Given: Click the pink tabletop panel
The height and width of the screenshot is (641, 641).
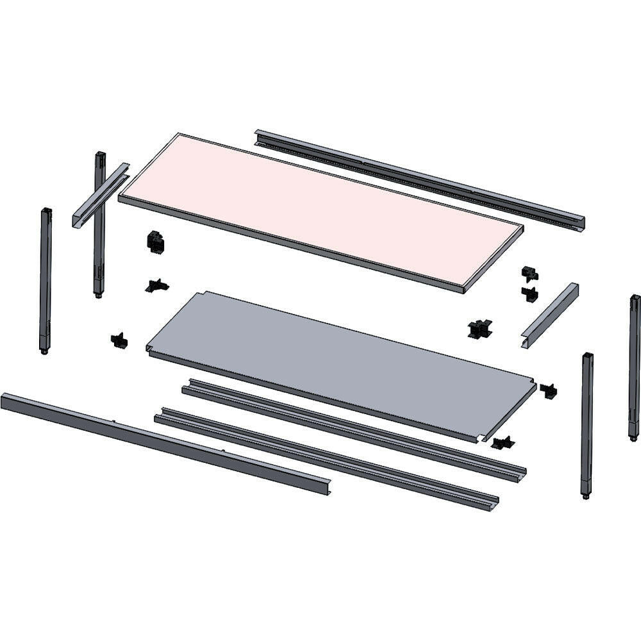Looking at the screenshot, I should click(x=320, y=212).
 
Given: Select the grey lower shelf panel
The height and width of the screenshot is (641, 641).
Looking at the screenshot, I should click(x=340, y=359).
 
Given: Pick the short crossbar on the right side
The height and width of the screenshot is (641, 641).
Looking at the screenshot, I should click(x=550, y=315).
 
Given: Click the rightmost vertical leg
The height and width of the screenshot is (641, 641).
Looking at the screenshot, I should click(x=634, y=365).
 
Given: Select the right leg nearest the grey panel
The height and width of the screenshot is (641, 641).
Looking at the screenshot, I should click(x=587, y=423).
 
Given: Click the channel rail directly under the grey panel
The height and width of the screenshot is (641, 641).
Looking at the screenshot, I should click(x=353, y=429).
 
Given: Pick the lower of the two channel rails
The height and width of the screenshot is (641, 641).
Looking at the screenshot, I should click(x=327, y=458).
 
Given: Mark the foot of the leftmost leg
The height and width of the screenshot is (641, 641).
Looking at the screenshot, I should click(x=44, y=351).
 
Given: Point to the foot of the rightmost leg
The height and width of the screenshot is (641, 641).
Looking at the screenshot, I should click(x=633, y=438).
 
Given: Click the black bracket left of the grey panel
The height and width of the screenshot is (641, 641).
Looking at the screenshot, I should click(x=119, y=340).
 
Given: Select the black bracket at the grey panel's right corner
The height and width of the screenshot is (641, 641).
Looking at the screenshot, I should click(x=548, y=390).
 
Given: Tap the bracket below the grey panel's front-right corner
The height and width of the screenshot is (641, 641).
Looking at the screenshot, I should click(x=503, y=443).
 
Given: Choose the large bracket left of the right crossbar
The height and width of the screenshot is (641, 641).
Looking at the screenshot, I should click(x=479, y=329).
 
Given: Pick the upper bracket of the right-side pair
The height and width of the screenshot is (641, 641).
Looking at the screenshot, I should click(x=529, y=274).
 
